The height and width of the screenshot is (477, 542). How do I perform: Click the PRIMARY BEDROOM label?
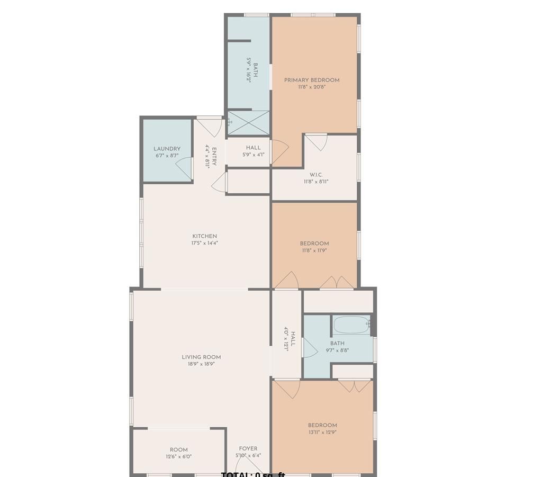tap(312, 80)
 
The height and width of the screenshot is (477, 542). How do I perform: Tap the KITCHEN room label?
tap(204, 236)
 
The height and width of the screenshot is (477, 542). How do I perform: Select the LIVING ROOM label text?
tap(201, 357)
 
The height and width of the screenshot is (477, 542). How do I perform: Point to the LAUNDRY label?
tap(167, 149)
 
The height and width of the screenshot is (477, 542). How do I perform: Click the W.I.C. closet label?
tap(316, 175)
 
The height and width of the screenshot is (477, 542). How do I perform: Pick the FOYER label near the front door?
tap(248, 448)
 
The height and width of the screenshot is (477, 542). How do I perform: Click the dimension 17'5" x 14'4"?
tap(204, 244)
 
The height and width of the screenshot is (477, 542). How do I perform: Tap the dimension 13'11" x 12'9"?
tap(322, 432)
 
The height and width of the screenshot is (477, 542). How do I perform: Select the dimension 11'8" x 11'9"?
tap(314, 251)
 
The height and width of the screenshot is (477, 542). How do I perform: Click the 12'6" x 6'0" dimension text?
tap(178, 456)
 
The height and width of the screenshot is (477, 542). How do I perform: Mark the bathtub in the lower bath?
tap(351, 325)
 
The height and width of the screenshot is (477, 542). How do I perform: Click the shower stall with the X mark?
tap(248, 123)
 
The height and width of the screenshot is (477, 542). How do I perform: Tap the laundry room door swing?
tap(184, 168)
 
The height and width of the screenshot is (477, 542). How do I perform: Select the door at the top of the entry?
tap(210, 127)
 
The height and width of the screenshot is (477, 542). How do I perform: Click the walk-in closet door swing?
tap(317, 142)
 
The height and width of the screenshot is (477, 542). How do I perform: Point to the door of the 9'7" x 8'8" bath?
tap(309, 348)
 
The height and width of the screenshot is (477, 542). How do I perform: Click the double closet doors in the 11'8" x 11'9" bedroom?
tap(337, 283)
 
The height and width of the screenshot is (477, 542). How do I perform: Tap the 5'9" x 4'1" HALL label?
tap(253, 148)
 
